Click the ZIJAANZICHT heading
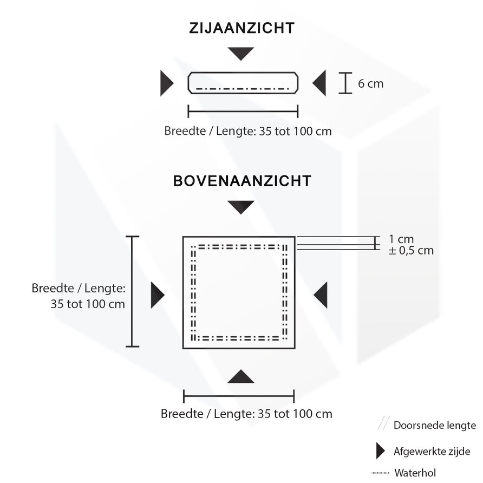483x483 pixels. [241, 28]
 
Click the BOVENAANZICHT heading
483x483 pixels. [241, 180]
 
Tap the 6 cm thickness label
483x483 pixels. [370, 83]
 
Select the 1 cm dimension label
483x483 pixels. [401, 239]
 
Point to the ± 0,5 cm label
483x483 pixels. [410, 250]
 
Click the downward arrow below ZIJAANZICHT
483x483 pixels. [241, 53]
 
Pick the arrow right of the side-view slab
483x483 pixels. [320, 83]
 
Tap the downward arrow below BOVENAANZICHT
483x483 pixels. [241, 206]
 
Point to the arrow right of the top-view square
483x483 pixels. [321, 295]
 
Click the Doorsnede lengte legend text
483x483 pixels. [434, 425]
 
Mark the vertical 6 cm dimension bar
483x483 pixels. [345, 83]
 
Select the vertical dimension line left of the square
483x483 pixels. [132, 291]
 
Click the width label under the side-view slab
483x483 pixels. [247, 131]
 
